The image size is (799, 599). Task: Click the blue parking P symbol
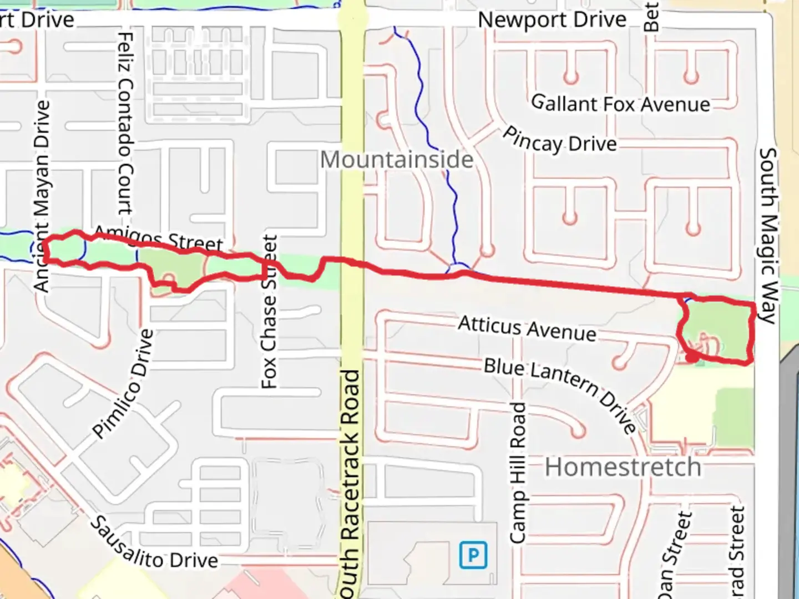(473, 555)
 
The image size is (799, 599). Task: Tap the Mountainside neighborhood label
(397, 160)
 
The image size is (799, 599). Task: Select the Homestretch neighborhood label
(623, 467)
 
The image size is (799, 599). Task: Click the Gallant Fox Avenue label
(620, 104)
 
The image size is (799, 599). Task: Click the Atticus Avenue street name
(527, 328)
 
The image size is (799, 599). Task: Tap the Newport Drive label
(552, 20)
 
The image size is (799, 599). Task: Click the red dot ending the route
(692, 358)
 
